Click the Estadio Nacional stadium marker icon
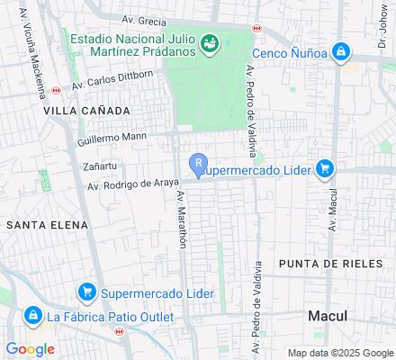point(210,42)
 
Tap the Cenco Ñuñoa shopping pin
point(340,53)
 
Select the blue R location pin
point(197,165)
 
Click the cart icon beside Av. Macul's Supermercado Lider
point(325,168)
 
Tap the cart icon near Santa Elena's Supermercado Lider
point(87,292)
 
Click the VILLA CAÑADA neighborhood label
point(86,110)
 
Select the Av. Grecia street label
point(144,20)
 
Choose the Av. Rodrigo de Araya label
point(127,184)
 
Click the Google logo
point(30,348)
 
